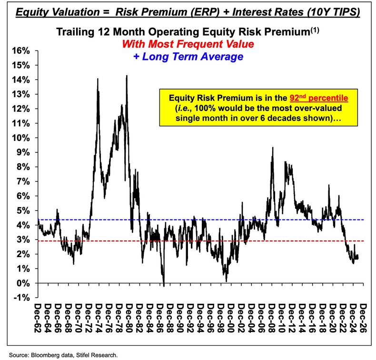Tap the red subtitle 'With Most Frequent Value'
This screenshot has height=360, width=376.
coord(188,44)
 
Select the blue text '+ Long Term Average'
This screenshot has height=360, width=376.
coord(189,57)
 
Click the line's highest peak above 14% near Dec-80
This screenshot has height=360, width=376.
coord(127,76)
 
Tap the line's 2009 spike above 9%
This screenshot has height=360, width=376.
coord(272,148)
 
